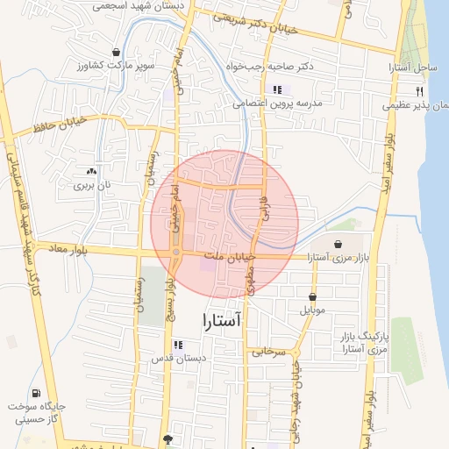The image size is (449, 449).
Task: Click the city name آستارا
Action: click(220, 321)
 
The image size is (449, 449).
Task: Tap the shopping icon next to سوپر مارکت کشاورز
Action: click(117, 53)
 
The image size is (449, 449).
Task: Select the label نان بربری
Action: click(93, 185)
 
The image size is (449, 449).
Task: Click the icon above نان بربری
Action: click(92, 171)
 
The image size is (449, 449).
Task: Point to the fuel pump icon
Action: click(36, 393)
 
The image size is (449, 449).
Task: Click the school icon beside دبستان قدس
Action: click(178, 345)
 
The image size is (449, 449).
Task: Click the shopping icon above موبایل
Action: click(313, 296)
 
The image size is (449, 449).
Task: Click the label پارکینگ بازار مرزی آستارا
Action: click(362, 343)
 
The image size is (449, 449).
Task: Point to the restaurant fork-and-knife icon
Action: click(420, 91)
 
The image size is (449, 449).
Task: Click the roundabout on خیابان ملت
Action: click(176, 253)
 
